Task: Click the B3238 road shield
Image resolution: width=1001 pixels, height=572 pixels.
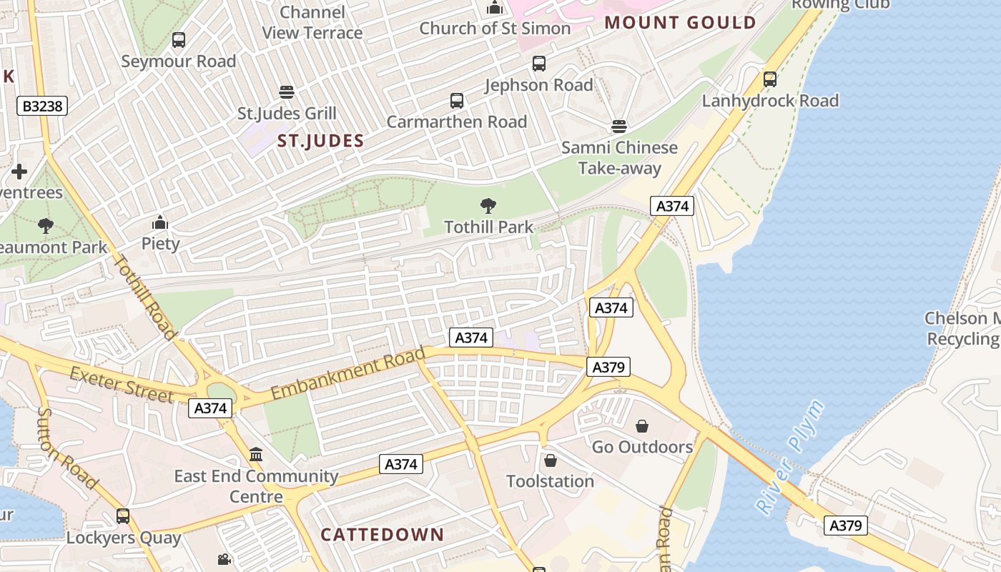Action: point(42,107)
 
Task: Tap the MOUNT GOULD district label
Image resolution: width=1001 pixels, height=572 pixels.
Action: point(680,22)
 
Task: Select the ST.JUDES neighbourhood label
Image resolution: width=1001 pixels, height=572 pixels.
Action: point(320,141)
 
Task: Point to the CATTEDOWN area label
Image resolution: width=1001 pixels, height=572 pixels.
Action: point(382,534)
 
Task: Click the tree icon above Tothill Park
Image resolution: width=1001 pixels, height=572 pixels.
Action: point(488,207)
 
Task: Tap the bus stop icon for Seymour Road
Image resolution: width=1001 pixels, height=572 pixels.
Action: point(179,40)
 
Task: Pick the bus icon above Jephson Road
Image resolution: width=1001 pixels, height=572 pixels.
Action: point(539,64)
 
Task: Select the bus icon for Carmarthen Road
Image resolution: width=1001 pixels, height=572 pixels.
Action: point(457,101)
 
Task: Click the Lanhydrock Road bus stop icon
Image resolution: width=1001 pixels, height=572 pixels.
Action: point(770,79)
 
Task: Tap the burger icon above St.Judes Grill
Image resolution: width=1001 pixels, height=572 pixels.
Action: point(287,92)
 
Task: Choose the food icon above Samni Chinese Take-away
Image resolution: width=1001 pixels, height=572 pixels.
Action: point(619,127)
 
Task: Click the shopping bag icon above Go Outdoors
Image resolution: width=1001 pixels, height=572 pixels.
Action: point(642,426)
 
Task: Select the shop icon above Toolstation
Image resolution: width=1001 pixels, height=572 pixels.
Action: point(551,460)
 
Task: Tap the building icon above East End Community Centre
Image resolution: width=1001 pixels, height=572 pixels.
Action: point(256,454)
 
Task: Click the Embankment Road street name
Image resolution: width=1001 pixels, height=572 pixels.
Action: point(348,372)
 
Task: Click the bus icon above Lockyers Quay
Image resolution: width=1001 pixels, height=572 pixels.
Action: point(123,516)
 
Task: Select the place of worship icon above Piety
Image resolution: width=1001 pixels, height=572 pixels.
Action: point(160,223)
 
